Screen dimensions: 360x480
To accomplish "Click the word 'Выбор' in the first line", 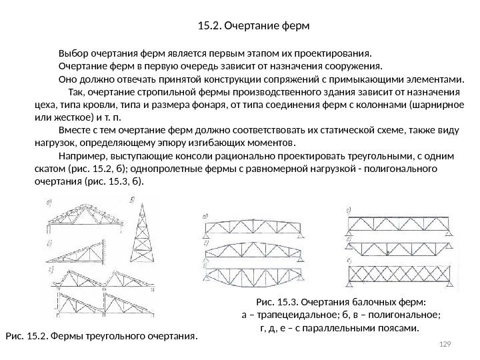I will point(73,53).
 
